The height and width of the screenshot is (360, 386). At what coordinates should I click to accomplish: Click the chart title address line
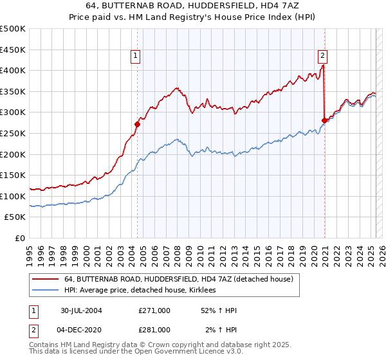coord(193,6)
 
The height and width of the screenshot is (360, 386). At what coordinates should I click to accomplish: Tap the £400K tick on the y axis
coord(14,70)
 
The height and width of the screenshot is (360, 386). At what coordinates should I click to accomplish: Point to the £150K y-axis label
coord(14,175)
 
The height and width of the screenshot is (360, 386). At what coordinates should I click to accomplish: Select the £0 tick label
coord(20,238)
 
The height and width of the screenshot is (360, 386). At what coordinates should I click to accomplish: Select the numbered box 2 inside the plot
coord(322,55)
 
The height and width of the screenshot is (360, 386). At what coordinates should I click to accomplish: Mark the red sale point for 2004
coord(137,124)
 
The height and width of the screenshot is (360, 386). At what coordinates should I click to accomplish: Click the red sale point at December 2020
coord(324,120)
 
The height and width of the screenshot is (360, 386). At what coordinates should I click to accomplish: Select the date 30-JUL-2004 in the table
coord(81,310)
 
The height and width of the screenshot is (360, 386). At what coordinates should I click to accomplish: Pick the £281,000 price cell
coord(154,329)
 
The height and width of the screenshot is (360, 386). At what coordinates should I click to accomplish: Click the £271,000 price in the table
coord(154,310)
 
